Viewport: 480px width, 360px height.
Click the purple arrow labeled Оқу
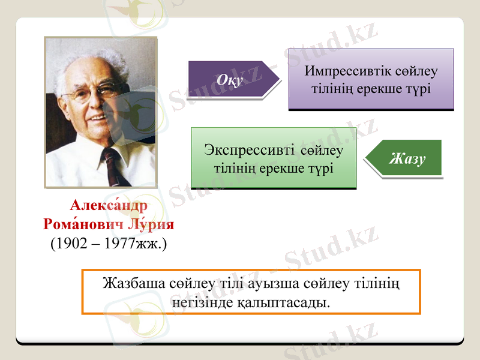231,79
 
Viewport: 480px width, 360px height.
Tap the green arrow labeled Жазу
407,158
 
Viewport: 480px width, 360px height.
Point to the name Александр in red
108,205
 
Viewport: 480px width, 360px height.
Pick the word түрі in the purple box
418,88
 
